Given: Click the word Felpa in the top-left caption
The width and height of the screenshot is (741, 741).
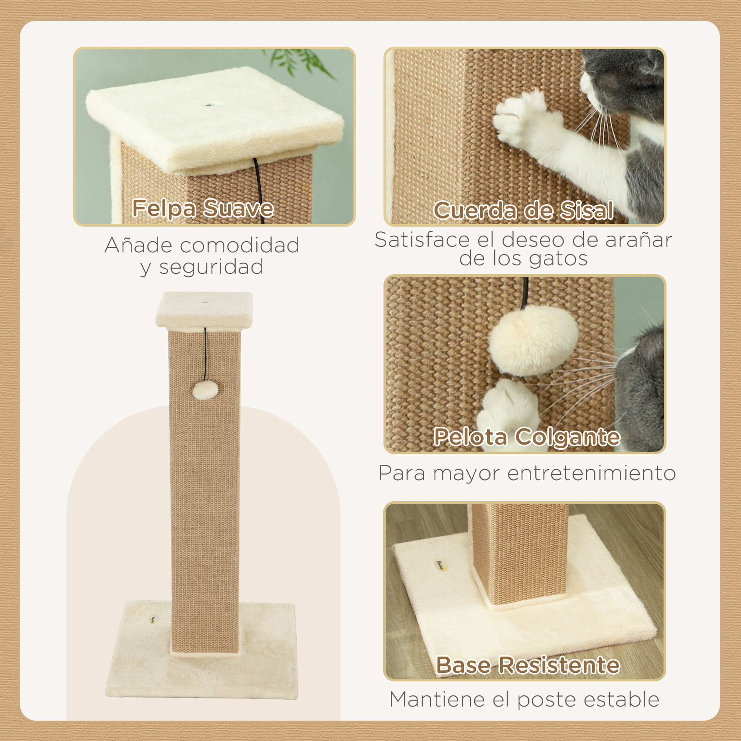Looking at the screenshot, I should pos(164,208).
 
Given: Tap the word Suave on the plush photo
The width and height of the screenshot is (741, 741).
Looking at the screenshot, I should pos(238,208).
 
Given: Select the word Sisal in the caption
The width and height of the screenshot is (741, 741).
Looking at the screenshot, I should pos(587,210).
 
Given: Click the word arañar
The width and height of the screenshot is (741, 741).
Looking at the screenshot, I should pos(639,240).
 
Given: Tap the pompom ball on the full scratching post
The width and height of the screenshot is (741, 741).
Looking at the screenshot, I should pos(205,391).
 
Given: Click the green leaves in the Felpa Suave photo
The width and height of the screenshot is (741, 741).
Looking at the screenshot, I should pos(299,62).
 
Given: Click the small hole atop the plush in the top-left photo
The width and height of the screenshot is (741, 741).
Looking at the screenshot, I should pos(209,105).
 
